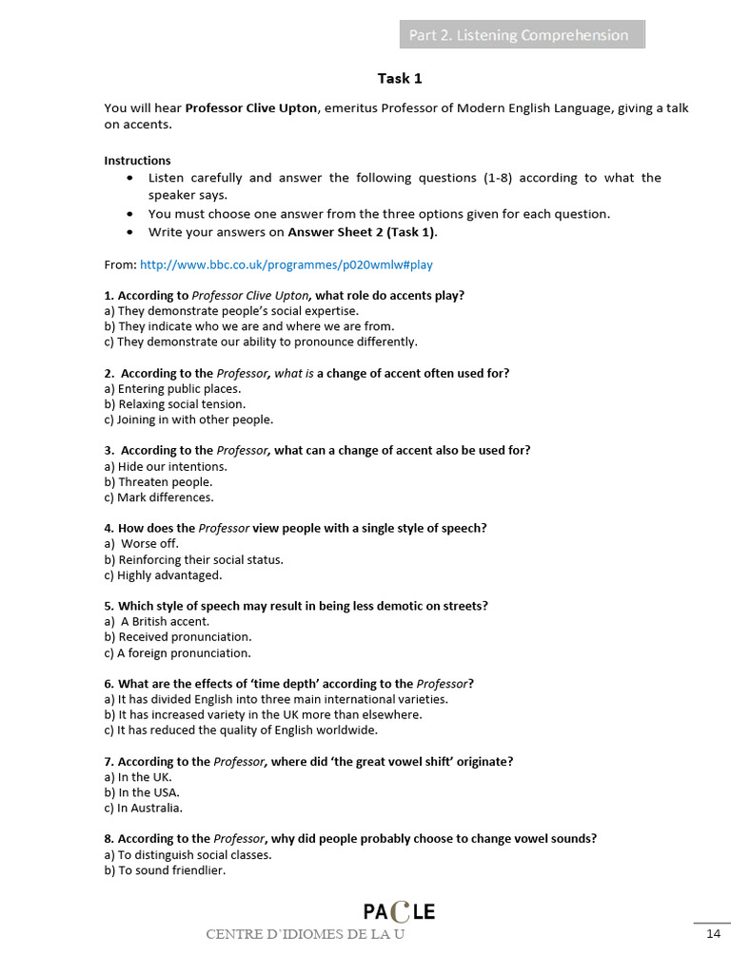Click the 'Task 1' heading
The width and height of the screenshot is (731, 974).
coord(400,79)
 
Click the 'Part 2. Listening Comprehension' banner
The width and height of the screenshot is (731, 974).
coord(521,35)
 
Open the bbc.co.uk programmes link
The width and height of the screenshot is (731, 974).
coord(286,264)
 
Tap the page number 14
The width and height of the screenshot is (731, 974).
coord(713,934)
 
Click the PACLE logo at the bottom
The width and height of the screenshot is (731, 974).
coord(399,912)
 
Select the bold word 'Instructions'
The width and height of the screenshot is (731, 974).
coord(137,160)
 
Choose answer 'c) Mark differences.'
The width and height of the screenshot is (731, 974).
coord(159,497)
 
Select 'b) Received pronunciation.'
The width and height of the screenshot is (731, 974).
coord(178,636)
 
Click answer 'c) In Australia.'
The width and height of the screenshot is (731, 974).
coord(144,808)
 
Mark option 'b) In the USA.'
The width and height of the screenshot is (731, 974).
coord(142,792)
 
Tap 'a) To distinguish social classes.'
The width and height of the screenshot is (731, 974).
coord(188,854)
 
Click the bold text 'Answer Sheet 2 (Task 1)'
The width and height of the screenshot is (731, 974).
coord(362,231)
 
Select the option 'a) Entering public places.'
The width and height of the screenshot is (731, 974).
coord(172,389)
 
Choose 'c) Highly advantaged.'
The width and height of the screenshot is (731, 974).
coord(163,575)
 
